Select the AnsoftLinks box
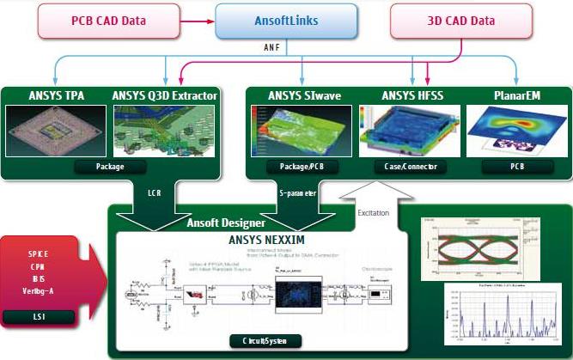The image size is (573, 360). point(285,20)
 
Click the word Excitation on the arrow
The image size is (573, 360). point(373,211)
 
